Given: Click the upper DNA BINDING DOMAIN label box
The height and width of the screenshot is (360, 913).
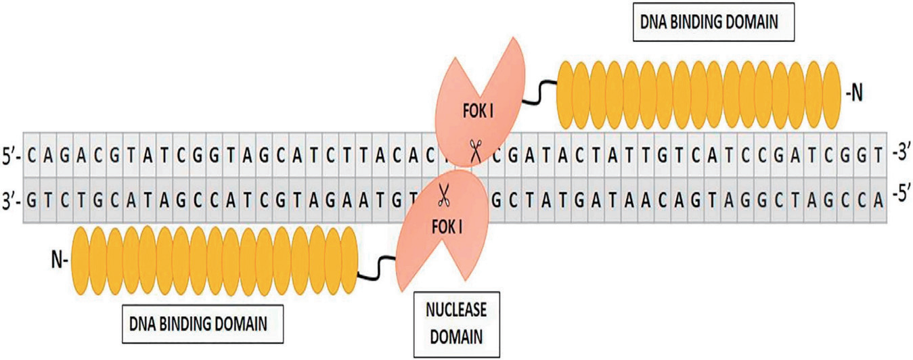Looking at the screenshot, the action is [713, 22].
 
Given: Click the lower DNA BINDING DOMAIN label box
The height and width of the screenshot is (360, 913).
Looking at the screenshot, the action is [202, 324].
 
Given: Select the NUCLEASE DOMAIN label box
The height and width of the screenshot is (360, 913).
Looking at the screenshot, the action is [456, 324].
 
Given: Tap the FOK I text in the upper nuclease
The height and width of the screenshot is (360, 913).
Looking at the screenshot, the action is [478, 111].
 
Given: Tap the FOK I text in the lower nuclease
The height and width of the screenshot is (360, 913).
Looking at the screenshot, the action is [447, 227].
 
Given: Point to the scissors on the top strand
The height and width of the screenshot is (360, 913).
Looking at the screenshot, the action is [475, 151].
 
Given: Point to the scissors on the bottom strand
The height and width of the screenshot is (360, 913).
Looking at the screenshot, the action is [443, 195].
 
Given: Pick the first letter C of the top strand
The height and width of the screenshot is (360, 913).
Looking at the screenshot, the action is [31, 156].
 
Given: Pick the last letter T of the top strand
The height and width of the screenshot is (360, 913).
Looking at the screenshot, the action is [878, 156].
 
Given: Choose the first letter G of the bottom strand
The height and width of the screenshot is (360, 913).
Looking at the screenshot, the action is [31, 200].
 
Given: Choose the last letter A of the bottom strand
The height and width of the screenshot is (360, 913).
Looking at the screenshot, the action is [878, 200].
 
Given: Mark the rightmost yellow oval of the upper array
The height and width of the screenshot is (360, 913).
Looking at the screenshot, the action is [832, 95].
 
